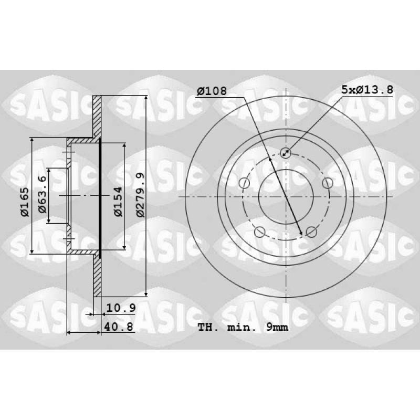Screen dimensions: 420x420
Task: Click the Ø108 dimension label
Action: pos(212,91)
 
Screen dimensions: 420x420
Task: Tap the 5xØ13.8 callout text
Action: pos(367,90)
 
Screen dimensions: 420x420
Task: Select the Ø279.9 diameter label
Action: pos(140,195)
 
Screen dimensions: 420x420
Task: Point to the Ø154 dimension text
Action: pos(118,202)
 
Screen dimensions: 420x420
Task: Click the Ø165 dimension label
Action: pos(24,202)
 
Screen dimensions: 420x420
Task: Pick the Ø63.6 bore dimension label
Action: pos(43,194)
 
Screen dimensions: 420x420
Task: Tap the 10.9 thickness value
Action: pos(121,308)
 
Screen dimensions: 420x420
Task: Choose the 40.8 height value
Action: pos(119,327)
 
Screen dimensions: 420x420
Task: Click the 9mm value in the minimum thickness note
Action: pos(277,327)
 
